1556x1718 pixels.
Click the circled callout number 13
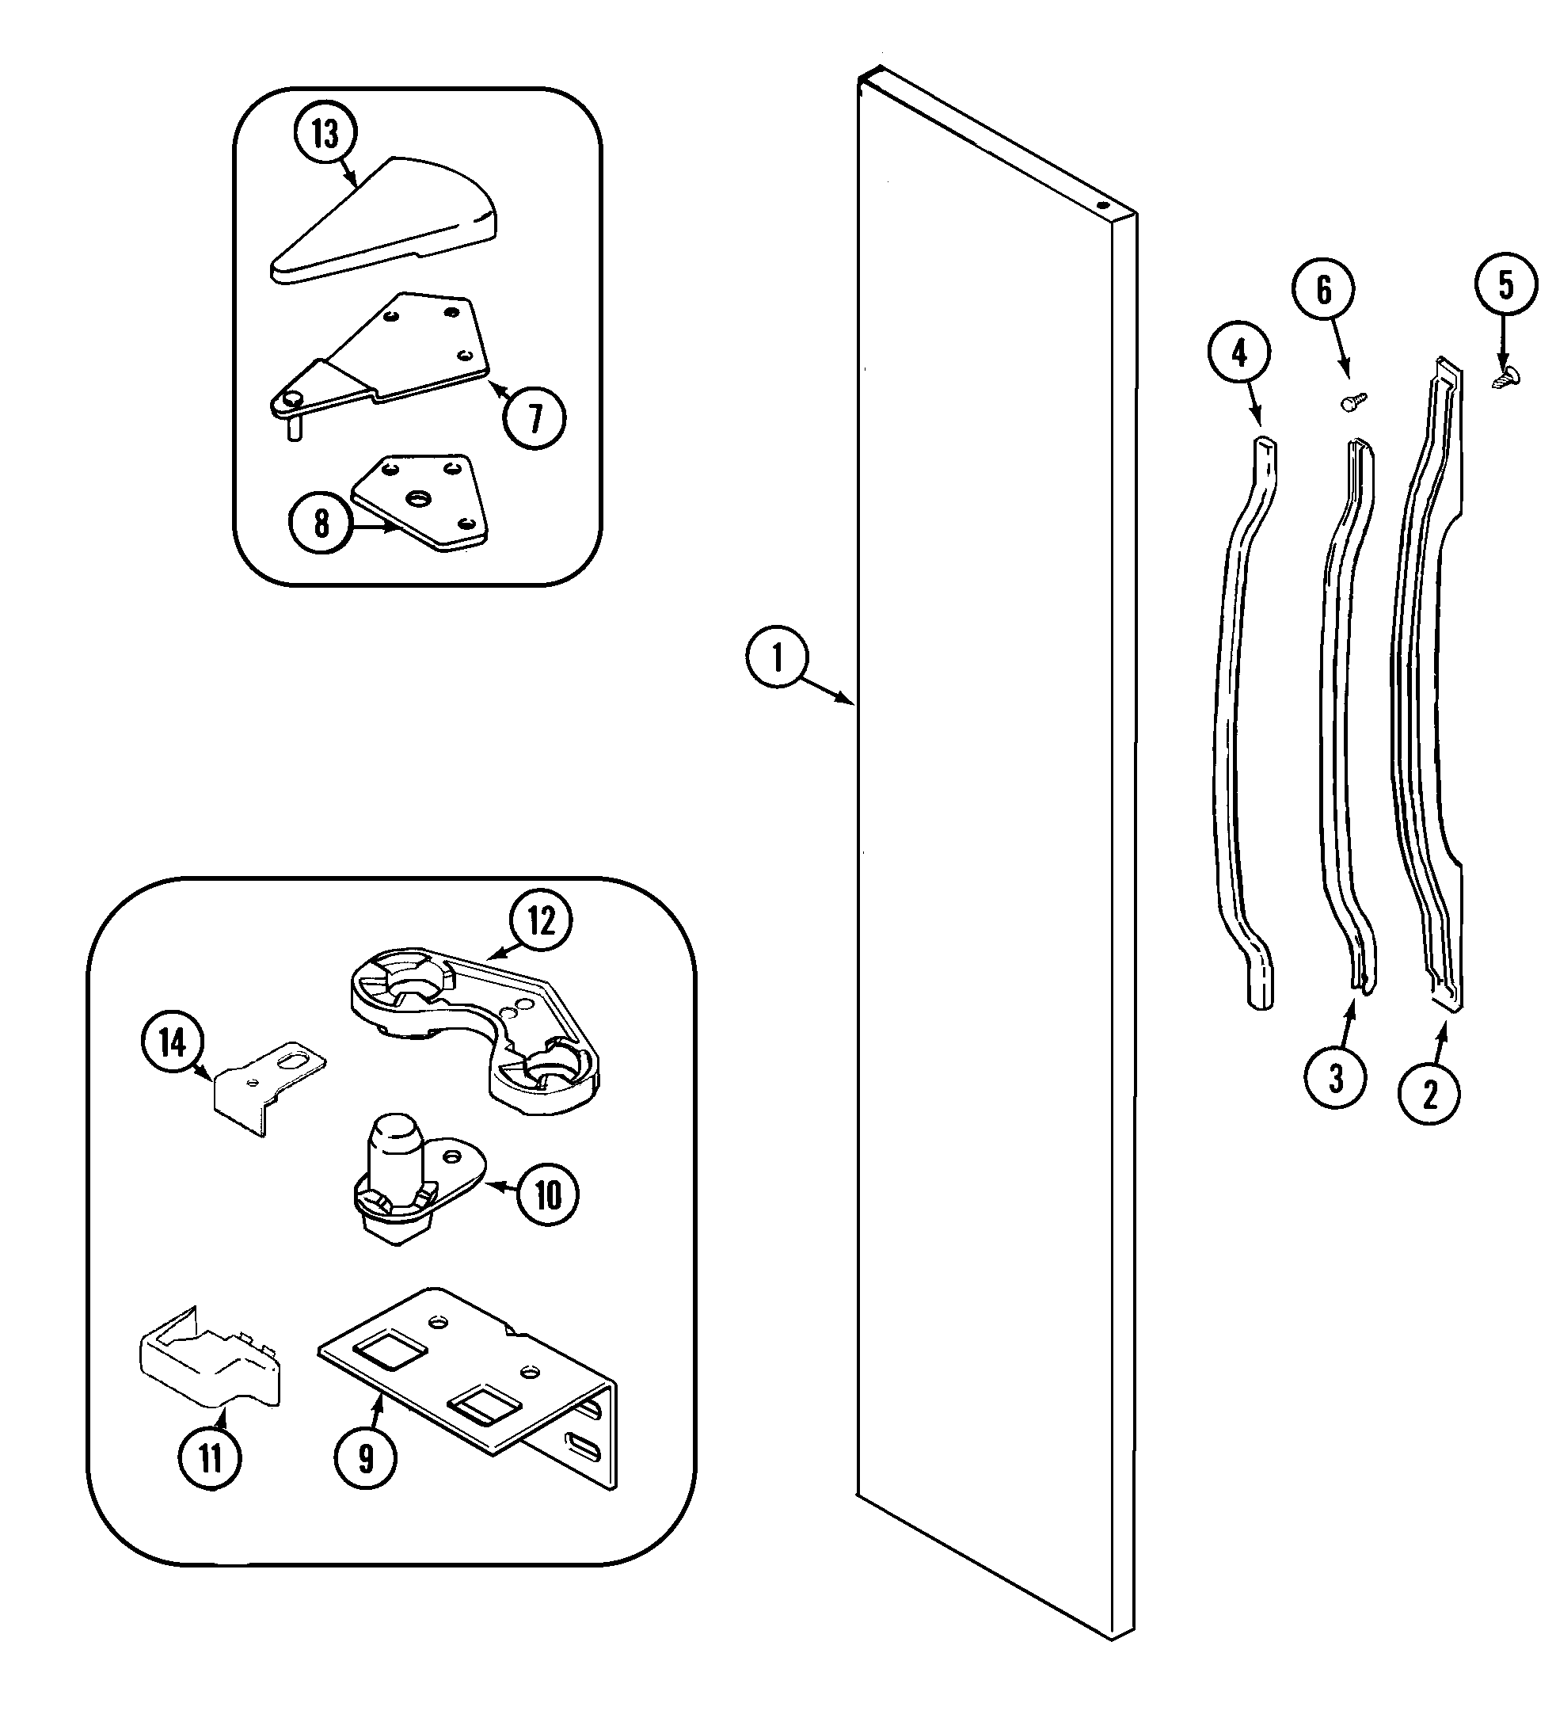tap(325, 134)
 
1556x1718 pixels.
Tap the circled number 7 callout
tap(535, 417)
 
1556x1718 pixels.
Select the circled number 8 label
tap(321, 524)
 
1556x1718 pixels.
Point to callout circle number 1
tap(776, 658)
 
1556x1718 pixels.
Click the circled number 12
tap(541, 921)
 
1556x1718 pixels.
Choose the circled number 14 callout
tap(173, 1043)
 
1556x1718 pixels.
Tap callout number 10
tap(548, 1195)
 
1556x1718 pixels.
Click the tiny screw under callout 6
tap(1353, 401)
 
